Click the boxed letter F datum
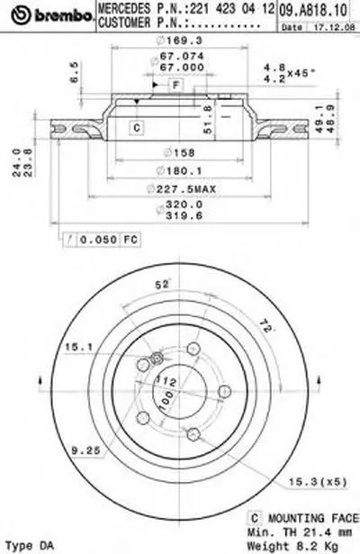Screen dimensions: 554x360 click(x=177, y=84)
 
